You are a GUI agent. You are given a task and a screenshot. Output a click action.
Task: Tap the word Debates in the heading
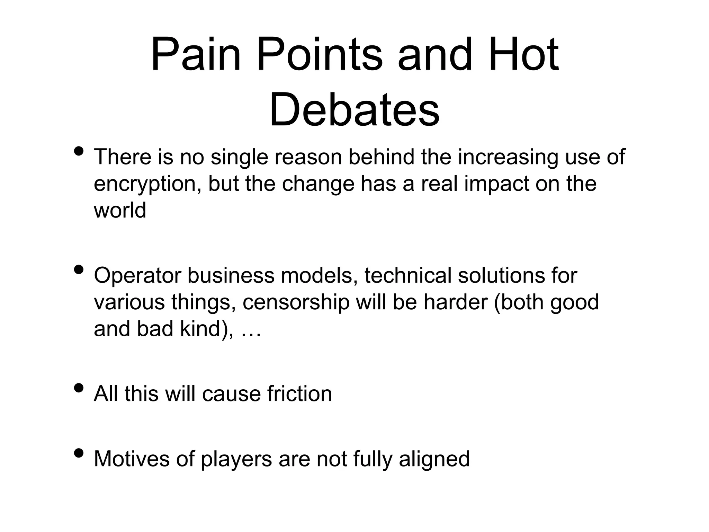click(354, 109)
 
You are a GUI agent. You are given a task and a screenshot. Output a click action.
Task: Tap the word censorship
click(296, 302)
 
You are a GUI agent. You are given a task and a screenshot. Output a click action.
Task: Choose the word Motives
click(132, 459)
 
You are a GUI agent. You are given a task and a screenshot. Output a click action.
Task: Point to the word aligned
click(434, 460)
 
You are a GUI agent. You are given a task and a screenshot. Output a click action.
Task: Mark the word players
click(236, 460)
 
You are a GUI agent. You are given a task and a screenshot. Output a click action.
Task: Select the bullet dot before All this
click(79, 388)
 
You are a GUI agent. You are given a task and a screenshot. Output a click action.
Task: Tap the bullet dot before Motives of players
click(79, 453)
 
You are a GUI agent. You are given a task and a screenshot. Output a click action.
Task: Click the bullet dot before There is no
click(79, 151)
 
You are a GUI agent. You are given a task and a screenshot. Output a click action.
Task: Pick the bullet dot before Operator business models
click(79, 269)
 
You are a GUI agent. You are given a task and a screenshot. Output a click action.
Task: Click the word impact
click(496, 184)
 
